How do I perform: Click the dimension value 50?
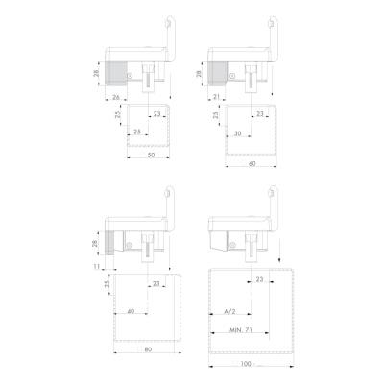152,155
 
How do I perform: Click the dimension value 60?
252,164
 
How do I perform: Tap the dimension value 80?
148,349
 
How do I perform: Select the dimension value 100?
247,364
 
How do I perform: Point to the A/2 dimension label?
229,311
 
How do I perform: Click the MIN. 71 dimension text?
241,330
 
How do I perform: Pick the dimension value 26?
116,97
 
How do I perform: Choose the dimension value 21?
217,97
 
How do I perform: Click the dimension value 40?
131,311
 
